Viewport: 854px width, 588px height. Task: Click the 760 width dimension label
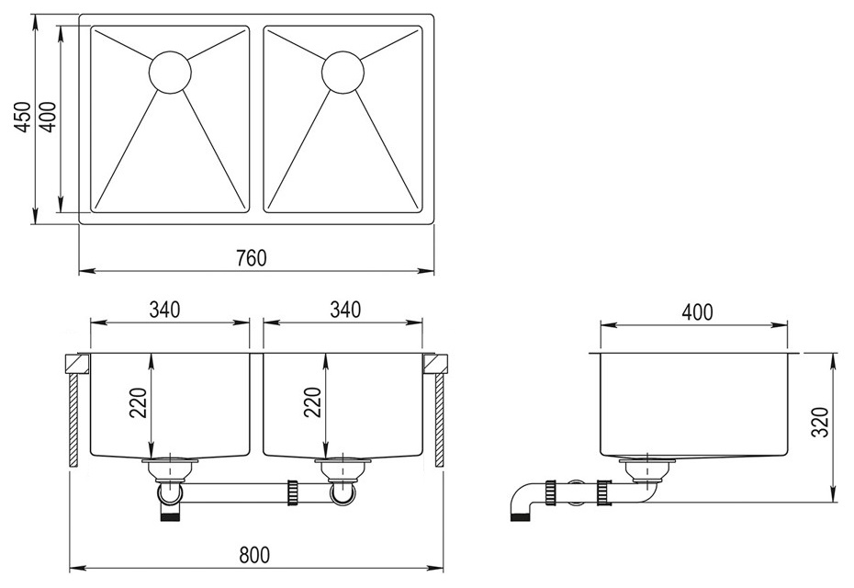pos(252,257)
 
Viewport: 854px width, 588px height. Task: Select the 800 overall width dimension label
pos(254,555)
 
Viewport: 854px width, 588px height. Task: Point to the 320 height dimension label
pos(820,422)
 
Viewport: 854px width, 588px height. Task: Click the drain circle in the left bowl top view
pos(170,73)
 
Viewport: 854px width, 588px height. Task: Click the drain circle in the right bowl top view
pos(343,73)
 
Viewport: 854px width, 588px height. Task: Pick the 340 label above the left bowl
pos(164,310)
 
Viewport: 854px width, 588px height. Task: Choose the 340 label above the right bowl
pos(345,310)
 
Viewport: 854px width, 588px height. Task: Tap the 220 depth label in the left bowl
pos(139,402)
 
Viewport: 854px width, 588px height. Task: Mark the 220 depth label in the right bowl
pos(312,402)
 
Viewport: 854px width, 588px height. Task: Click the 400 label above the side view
pos(697,312)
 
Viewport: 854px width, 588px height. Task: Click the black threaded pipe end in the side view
pos(520,515)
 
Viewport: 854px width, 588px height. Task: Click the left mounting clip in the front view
pos(77,364)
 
